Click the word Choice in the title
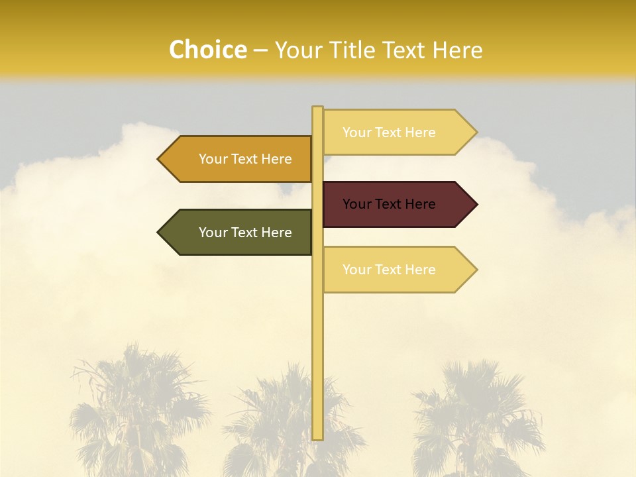coord(207,50)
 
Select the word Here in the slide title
coord(458,50)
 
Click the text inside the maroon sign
coord(389,204)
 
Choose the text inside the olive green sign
coord(245,233)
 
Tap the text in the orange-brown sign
coord(245,159)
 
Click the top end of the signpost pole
coord(317,108)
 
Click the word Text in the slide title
coord(405,50)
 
